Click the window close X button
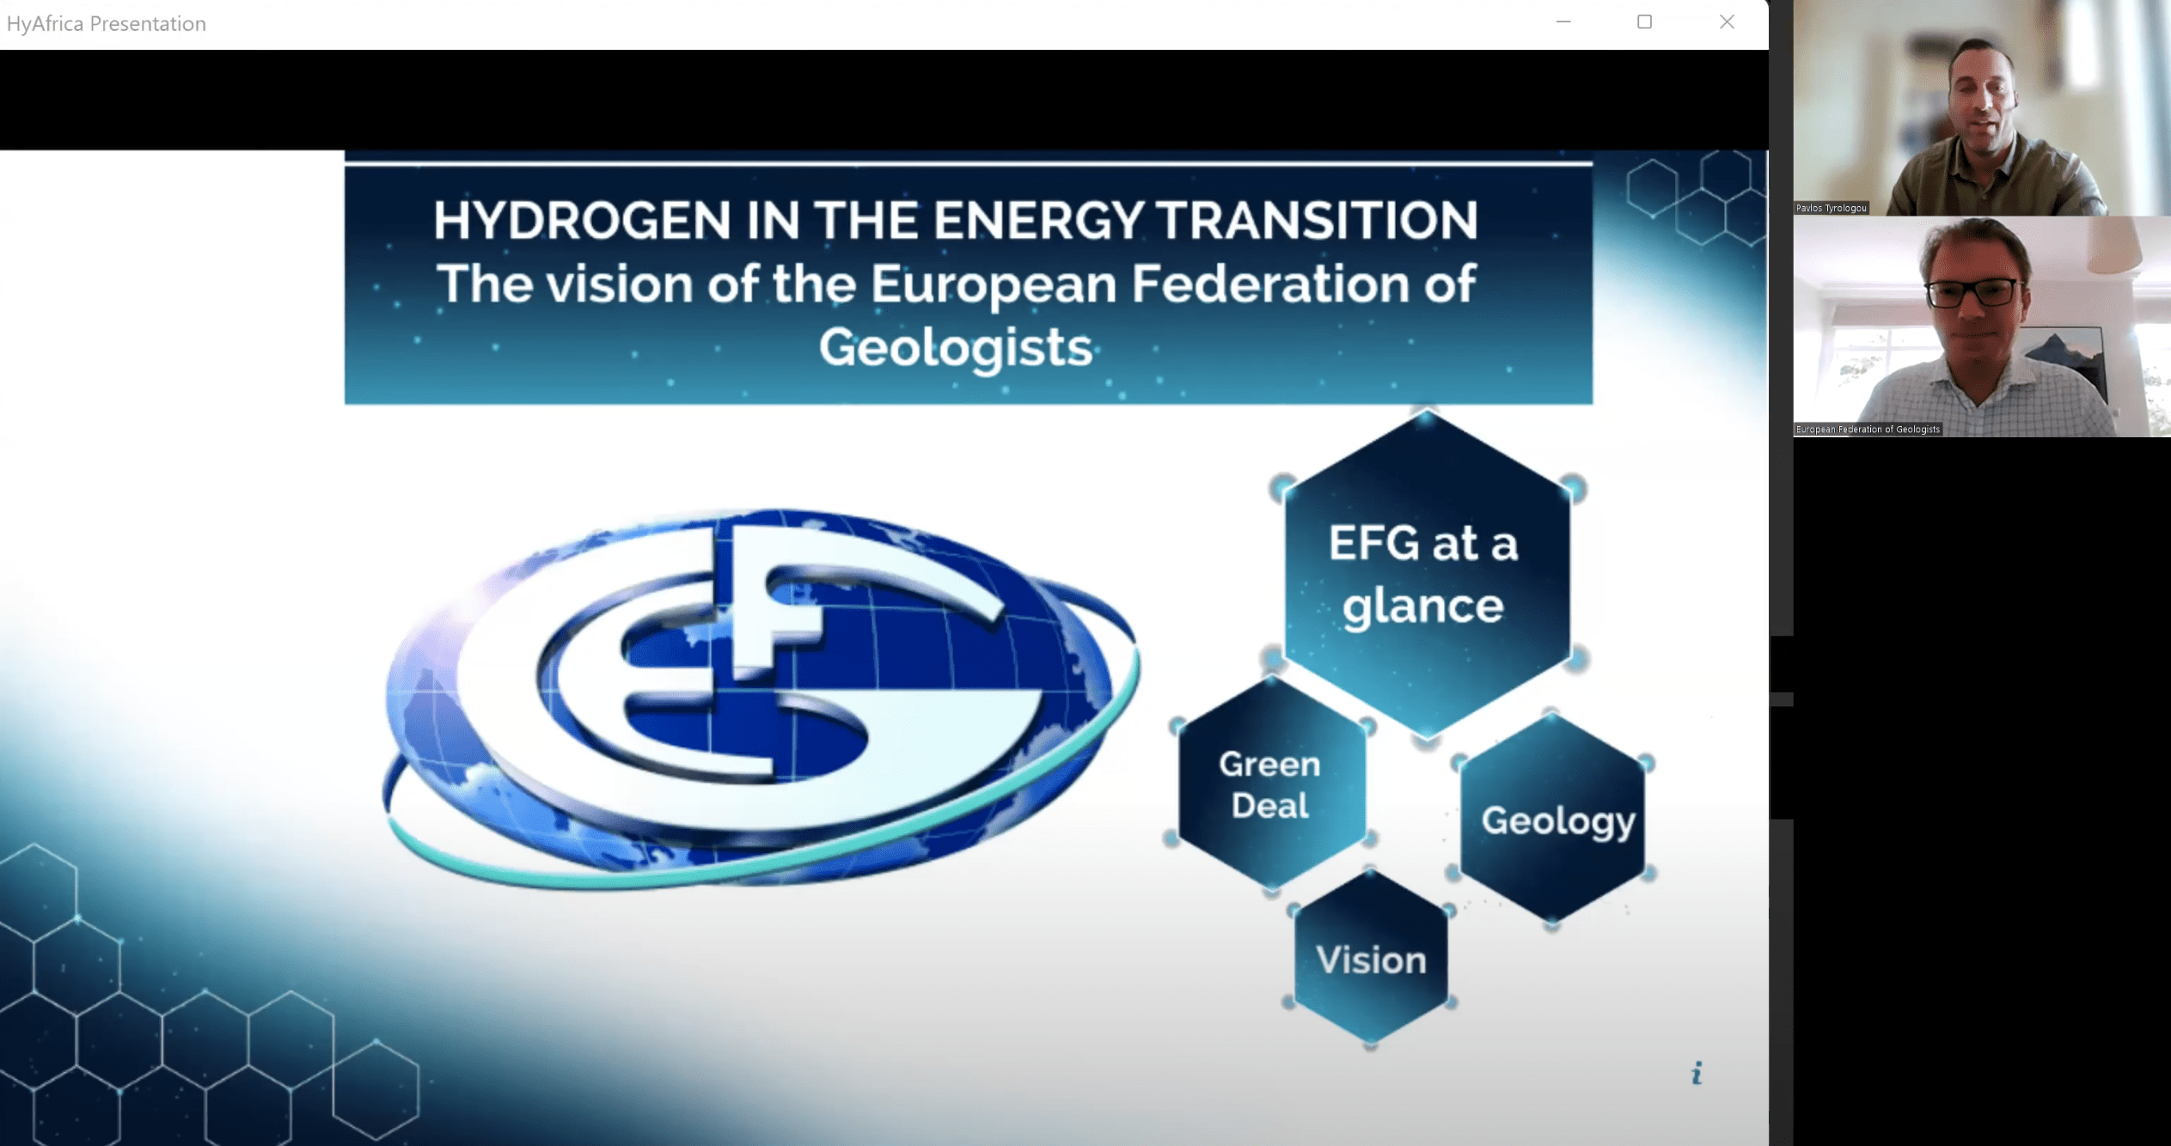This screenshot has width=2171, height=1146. point(1727,22)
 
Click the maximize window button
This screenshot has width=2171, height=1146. point(1644,22)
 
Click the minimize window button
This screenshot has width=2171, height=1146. point(1563,22)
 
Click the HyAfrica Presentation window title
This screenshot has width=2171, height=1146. point(107,23)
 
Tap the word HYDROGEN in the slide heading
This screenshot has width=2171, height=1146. point(582,220)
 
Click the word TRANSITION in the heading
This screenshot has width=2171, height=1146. point(1317,220)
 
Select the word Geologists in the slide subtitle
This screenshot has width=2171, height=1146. point(955,349)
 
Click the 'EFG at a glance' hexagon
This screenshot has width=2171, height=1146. point(1427,574)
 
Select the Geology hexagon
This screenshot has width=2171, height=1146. point(1552,820)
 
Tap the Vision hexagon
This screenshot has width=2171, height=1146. point(1371,958)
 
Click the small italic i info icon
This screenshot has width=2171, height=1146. point(1697,1073)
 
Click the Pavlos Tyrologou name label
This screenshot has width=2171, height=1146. point(1832,208)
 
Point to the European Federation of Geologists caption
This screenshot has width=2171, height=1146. point(1868,430)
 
